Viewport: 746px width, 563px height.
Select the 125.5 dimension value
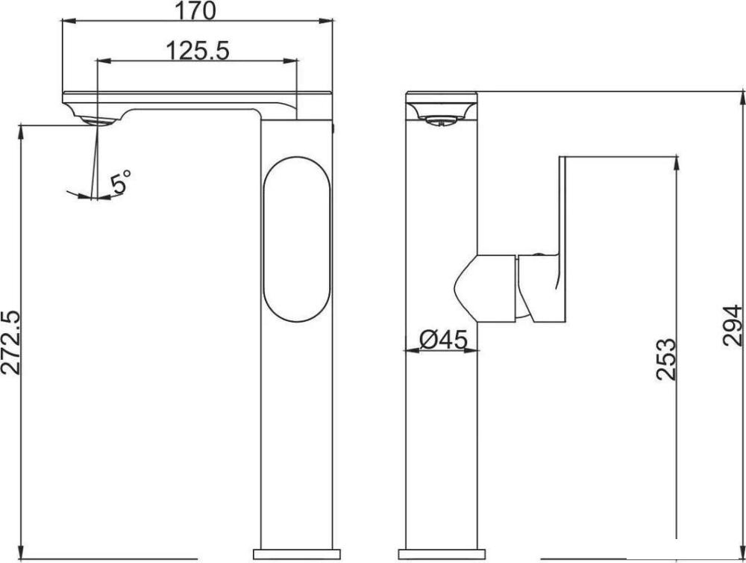(198, 51)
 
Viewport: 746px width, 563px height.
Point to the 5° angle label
(121, 181)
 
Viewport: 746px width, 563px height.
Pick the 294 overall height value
(733, 325)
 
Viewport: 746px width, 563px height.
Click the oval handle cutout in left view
(296, 240)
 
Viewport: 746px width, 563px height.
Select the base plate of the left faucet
(295, 556)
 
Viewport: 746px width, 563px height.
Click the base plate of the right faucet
(440, 556)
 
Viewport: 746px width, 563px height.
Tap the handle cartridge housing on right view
(486, 287)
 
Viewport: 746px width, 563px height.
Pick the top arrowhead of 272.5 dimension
(22, 131)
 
